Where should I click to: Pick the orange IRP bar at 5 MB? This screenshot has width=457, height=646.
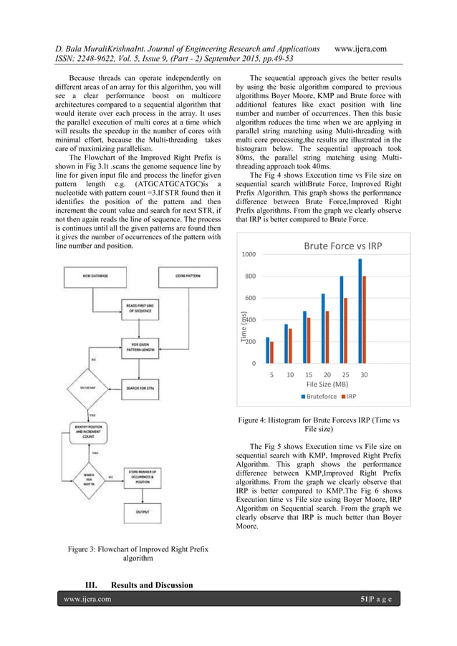click(x=272, y=352)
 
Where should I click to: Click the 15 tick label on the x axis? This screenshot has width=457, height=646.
click(x=308, y=375)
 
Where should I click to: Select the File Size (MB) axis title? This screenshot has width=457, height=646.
click(x=317, y=385)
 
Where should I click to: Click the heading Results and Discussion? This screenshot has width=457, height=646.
click(x=139, y=585)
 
